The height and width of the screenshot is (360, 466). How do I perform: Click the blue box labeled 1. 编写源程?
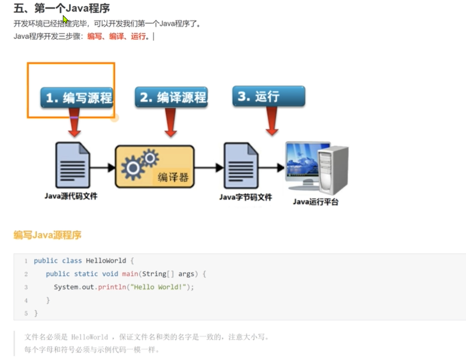77,98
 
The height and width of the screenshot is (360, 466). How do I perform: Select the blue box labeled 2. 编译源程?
171,97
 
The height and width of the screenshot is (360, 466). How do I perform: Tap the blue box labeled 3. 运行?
269,96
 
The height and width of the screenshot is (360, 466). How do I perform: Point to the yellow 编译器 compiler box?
155,166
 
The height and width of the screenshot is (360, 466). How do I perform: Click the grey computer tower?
333,169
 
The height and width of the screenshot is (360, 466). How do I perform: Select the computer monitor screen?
302,160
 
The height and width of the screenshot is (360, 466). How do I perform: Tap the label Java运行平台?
315,202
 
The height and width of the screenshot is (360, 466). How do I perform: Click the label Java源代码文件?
71,196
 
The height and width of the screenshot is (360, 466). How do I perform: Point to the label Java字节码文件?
246,198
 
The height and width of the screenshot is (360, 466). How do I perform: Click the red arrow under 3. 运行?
272,121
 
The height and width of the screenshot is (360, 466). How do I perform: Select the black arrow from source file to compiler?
102,167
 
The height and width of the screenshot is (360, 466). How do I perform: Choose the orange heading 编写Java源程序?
48,235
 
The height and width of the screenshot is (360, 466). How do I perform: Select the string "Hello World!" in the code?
158,287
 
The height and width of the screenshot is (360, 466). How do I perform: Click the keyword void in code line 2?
110,274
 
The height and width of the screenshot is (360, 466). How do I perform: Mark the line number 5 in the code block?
26,314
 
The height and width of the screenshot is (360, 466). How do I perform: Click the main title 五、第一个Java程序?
62,8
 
